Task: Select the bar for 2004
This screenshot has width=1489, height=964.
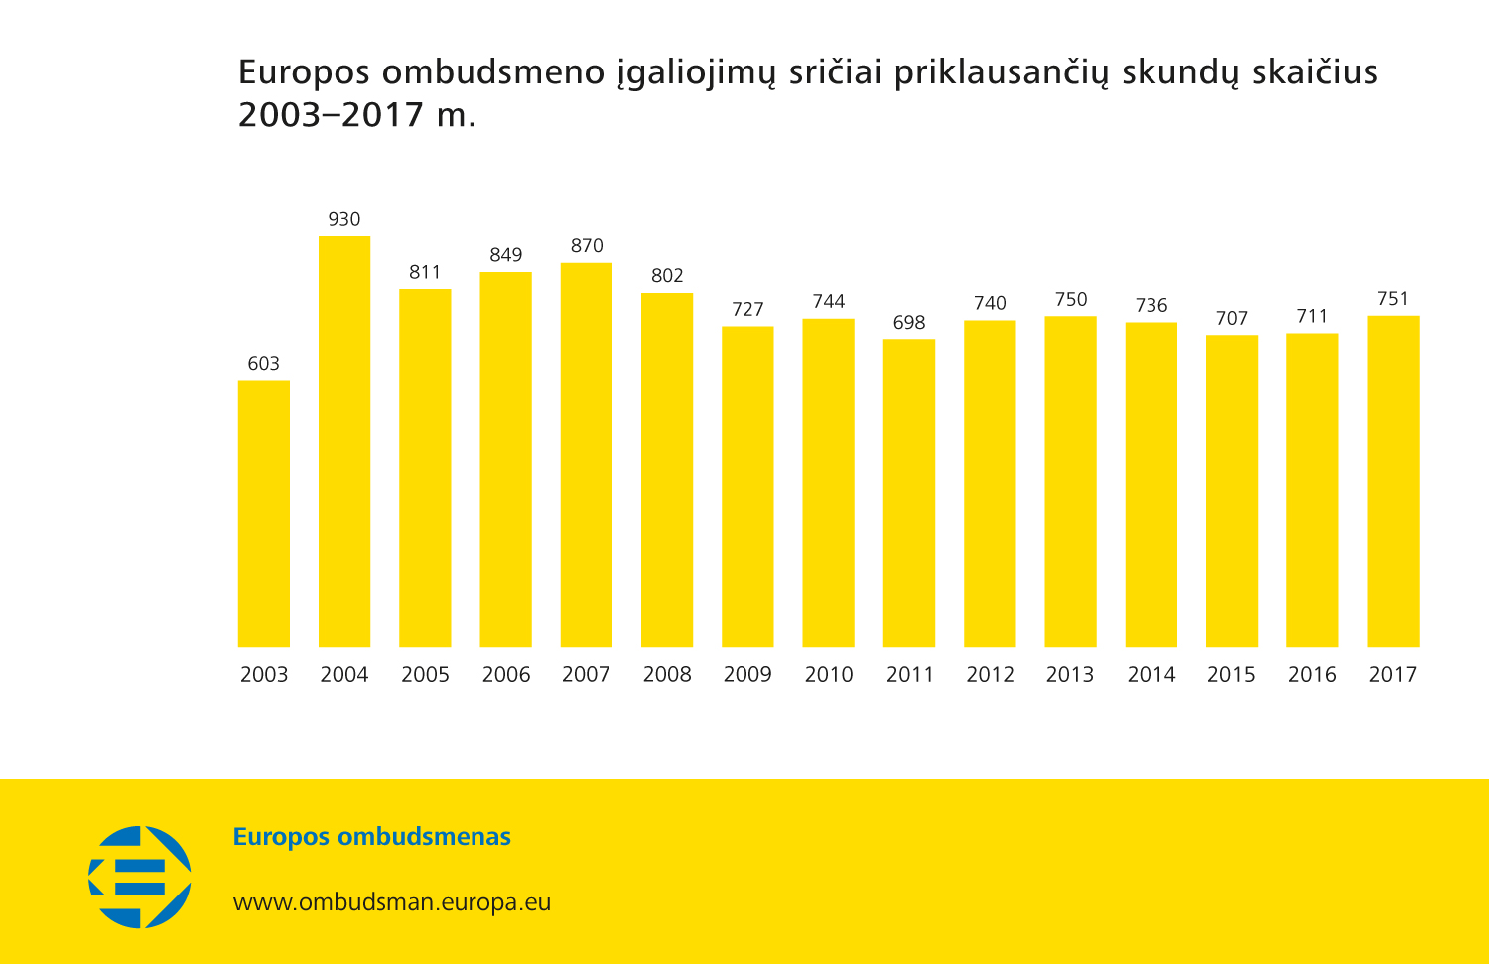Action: coord(344,442)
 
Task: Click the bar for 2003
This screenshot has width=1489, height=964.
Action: coord(264,514)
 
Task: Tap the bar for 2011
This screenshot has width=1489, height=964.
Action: coord(909,493)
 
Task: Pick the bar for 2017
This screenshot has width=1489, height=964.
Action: coord(1393,482)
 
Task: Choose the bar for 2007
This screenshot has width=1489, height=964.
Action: coord(587,455)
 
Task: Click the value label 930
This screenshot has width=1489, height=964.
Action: coord(344,219)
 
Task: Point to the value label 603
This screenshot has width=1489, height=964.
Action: coord(264,364)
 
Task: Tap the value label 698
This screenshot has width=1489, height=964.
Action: coord(909,323)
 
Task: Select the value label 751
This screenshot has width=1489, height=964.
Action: coord(1393,299)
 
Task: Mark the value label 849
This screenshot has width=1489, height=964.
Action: coord(506,255)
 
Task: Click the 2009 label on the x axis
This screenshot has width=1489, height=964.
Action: coord(747,675)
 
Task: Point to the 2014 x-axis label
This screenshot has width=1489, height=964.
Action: coord(1151,675)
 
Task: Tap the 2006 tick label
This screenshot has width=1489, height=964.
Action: coord(506,675)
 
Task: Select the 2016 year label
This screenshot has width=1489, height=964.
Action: coord(1312,675)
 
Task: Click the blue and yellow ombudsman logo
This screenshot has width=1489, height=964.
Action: coord(140,878)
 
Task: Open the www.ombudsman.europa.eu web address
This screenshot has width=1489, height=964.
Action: coord(392,902)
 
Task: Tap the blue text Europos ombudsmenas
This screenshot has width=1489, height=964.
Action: coord(372,837)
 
